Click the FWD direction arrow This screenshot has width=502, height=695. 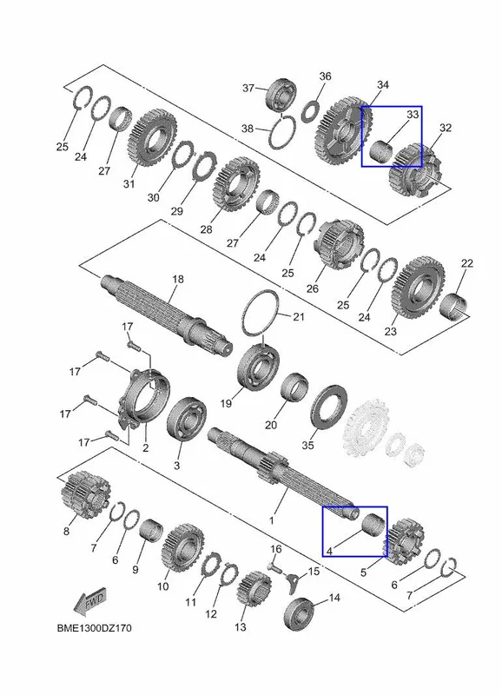pos(90,602)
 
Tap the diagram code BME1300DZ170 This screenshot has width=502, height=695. pos(94,628)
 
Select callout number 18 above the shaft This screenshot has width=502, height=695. pos(178,279)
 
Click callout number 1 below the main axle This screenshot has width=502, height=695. pos(272,520)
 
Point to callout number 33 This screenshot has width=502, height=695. pos(413,115)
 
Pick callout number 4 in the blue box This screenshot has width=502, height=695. pos(329,551)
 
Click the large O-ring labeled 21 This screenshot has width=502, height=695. pos(261,314)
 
